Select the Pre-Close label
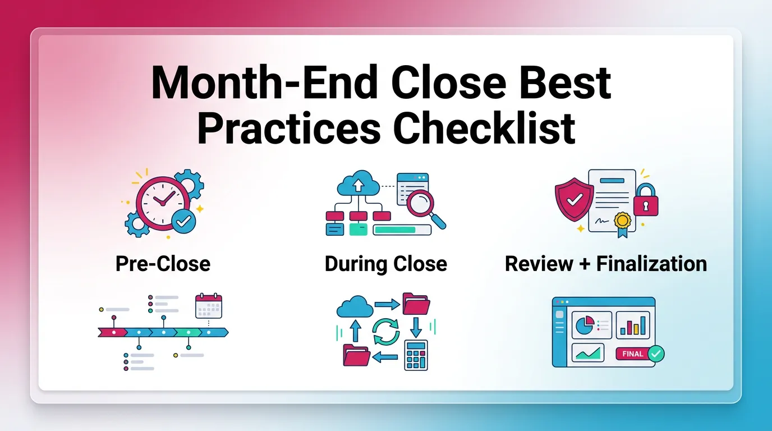tap(163, 264)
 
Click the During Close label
tap(386, 264)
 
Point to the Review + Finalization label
tap(606, 264)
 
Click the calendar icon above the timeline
tap(209, 306)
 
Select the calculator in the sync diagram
tap(416, 355)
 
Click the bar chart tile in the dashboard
tap(633, 325)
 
